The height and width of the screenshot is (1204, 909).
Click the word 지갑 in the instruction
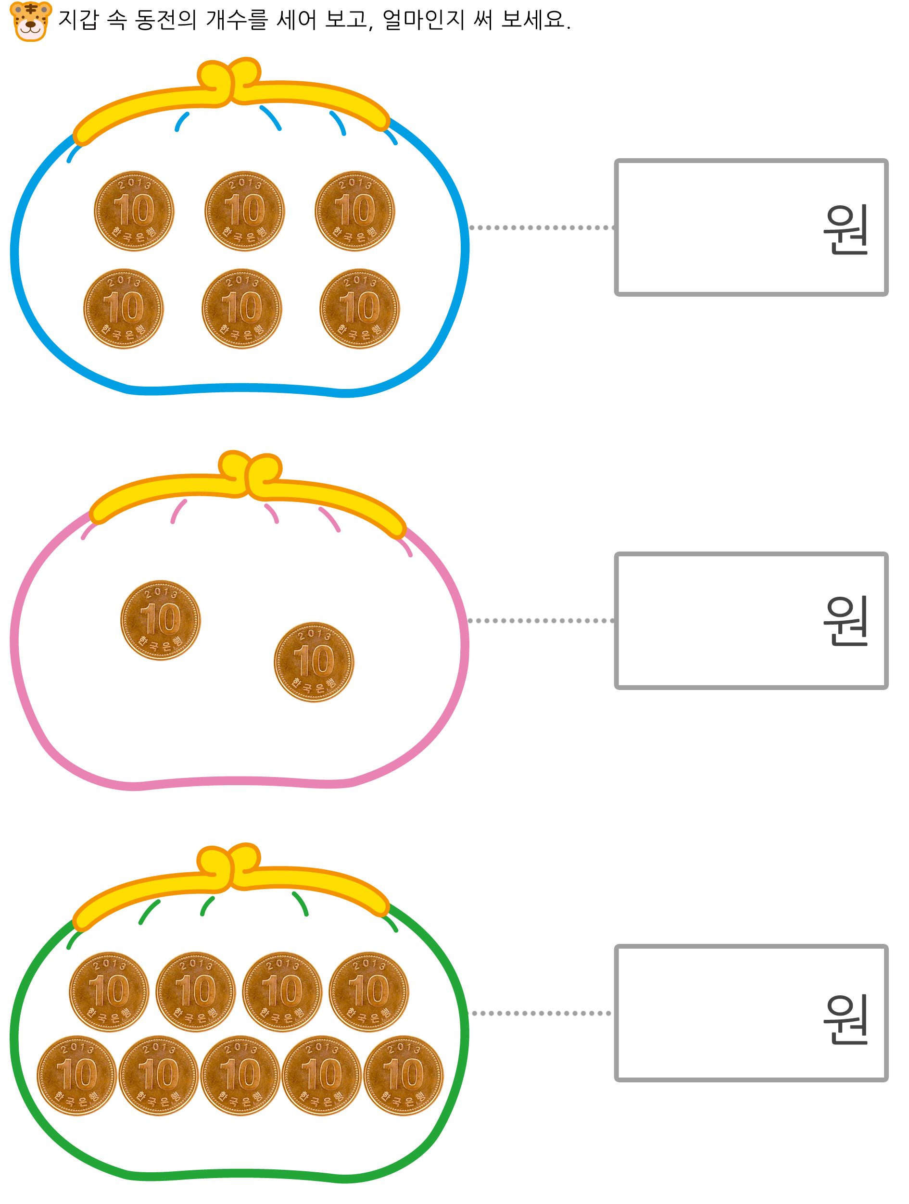tap(78, 20)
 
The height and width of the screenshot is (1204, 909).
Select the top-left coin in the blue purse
tap(134, 211)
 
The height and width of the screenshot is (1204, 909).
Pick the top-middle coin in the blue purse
tap(244, 211)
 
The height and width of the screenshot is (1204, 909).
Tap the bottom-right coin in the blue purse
tap(359, 309)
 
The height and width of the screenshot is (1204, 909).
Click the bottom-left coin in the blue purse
tap(124, 309)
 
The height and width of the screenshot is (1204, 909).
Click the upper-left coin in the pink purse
tap(161, 620)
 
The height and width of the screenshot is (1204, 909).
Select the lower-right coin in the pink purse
tap(314, 662)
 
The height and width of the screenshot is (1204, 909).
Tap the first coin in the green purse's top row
tap(109, 992)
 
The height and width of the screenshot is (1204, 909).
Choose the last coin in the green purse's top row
tap(368, 992)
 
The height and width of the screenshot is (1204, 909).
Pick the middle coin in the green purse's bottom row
tap(240, 1075)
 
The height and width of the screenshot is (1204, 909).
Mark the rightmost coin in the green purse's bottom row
tap(404, 1075)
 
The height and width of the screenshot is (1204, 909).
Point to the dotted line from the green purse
tap(541, 1013)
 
